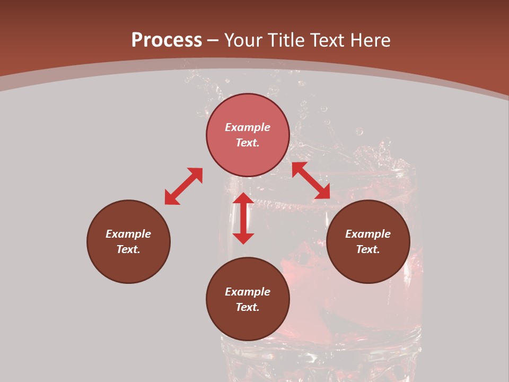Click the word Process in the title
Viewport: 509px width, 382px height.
click(166, 40)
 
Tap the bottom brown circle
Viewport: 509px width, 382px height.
click(248, 324)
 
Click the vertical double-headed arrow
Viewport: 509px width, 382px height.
click(243, 218)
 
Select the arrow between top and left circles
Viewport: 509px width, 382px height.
click(183, 186)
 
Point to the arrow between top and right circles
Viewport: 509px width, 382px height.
click(311, 180)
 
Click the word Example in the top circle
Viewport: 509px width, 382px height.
click(248, 127)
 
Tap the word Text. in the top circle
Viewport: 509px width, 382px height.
click(248, 143)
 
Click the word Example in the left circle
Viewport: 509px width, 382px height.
click(128, 234)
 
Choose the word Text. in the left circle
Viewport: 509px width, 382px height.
click(128, 249)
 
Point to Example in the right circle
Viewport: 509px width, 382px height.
click(368, 234)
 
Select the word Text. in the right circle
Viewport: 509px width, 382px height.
click(368, 249)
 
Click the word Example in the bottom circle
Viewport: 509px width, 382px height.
click(248, 292)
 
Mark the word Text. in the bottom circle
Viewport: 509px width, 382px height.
click(248, 307)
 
